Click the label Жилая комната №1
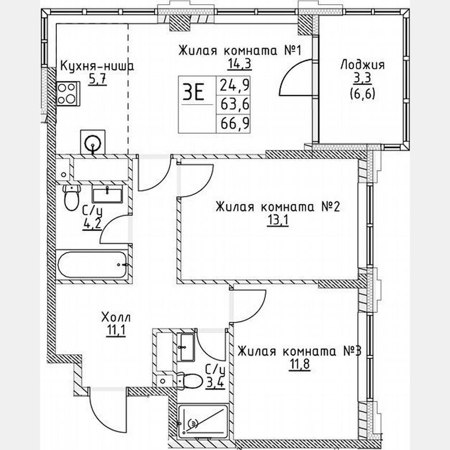(241, 51)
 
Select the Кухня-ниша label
(97, 67)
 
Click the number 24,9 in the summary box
(234, 84)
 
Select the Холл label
(116, 317)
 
